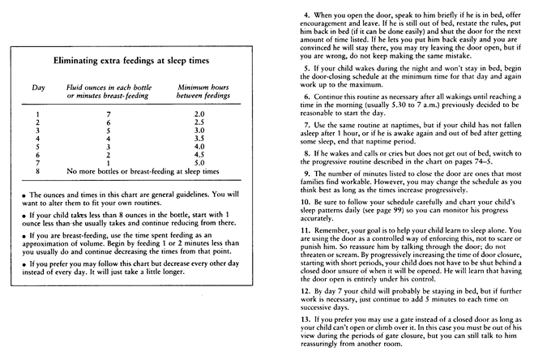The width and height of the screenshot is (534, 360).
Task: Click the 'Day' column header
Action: (x=33, y=86)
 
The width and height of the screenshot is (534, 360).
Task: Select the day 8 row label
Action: (x=33, y=171)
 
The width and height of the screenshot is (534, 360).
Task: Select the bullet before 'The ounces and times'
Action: (x=25, y=195)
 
